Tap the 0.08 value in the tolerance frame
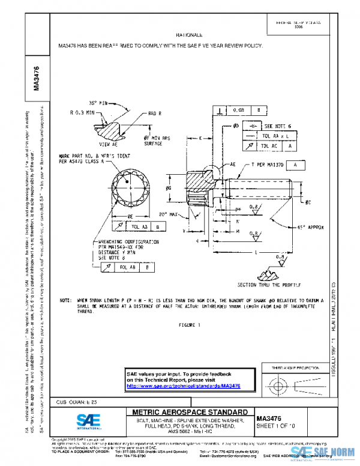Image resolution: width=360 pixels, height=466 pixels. (238, 110)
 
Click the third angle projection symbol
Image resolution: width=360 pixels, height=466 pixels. (295, 383)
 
